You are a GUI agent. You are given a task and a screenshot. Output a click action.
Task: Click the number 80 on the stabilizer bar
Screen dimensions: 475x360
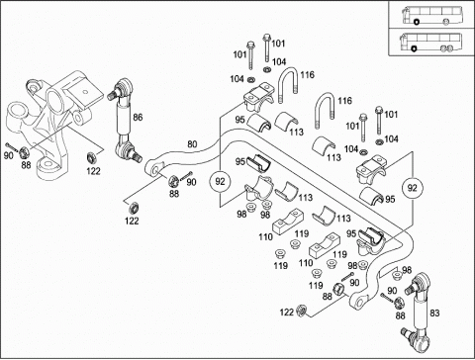192,144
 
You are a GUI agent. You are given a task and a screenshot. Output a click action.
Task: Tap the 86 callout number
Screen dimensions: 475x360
138,117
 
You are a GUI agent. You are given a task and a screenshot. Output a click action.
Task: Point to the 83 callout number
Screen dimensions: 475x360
434,313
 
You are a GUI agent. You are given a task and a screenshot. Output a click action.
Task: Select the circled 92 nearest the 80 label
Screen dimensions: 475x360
220,181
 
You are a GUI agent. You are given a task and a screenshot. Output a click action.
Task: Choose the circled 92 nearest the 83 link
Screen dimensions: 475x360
412,188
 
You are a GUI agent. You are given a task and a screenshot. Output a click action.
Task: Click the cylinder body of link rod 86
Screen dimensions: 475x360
123,119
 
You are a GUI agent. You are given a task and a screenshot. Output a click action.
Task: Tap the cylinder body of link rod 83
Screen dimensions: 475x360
422,310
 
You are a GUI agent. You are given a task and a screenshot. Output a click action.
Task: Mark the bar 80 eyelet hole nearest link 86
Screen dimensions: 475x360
154,170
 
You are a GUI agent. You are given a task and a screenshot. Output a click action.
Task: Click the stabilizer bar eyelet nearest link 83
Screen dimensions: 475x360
359,301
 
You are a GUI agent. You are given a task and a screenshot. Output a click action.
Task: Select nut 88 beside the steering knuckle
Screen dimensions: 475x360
24,153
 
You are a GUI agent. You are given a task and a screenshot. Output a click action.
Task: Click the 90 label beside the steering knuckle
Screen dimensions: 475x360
9,155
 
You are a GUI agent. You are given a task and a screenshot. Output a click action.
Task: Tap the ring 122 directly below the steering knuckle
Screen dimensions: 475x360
91,157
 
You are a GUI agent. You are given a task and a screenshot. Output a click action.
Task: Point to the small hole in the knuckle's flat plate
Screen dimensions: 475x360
85,91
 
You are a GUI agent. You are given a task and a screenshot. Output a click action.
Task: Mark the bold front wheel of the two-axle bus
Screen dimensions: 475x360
417,23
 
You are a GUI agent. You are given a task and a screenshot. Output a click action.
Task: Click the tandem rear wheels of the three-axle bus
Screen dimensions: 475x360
446,48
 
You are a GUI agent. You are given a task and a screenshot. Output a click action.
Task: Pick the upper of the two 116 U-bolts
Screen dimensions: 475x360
289,84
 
